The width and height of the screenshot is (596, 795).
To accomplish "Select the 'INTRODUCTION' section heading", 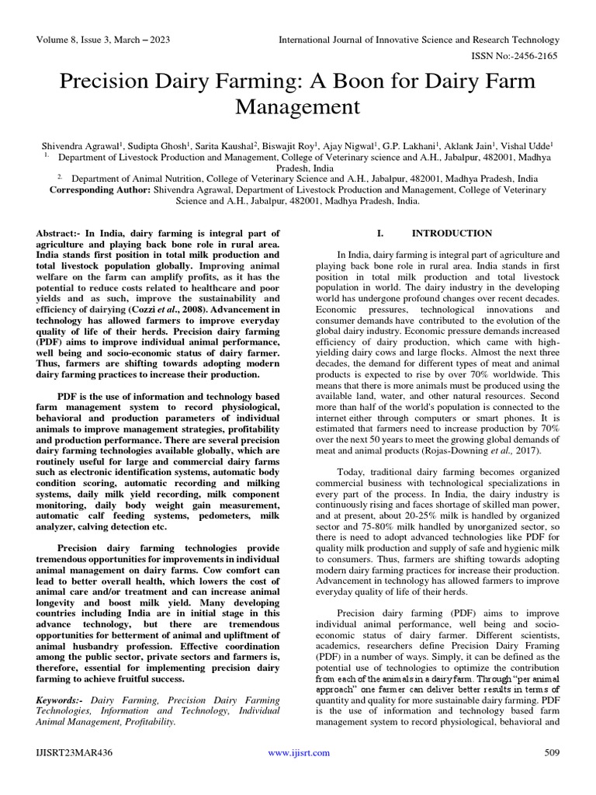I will click(451, 233).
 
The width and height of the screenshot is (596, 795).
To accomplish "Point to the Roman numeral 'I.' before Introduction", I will click(380, 233).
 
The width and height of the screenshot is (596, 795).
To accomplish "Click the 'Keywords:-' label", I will click(62, 701).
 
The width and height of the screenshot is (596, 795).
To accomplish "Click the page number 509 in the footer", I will click(552, 753).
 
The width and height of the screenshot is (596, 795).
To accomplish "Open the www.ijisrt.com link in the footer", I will click(298, 753).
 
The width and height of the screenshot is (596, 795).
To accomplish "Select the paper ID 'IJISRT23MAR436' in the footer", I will click(71, 753).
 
